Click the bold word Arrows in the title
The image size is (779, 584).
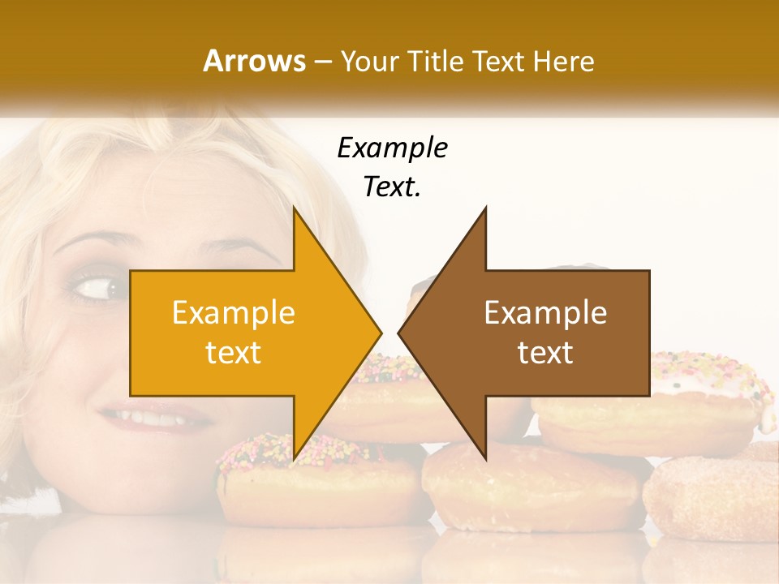(254, 61)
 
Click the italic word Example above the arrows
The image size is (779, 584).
(392, 148)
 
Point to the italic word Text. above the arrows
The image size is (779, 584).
(392, 187)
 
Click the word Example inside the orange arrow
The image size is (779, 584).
(234, 313)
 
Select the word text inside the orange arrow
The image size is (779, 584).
(234, 353)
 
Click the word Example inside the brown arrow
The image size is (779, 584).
(545, 313)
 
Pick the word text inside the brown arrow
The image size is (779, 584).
(545, 353)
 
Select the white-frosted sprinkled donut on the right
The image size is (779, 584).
(714, 385)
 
